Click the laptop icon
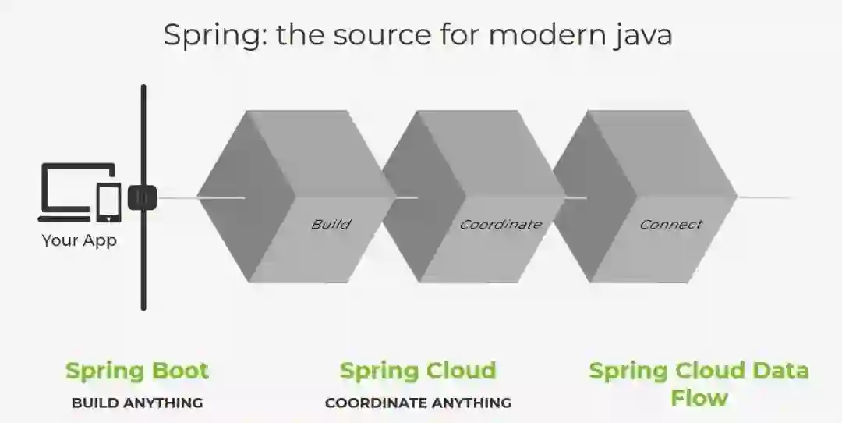pos(69,187)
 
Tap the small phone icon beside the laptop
pos(109,201)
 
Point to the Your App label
pos(79,240)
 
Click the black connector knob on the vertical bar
pos(142,197)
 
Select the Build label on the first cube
pos(331,224)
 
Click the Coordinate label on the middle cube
pos(500,224)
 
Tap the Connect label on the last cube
pos(670,224)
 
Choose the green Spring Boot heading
pos(137,370)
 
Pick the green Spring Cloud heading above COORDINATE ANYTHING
pos(418,370)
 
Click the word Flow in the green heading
pos(699,398)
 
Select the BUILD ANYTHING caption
pos(137,403)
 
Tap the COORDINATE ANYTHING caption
pos(418,403)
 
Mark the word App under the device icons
pos(100,240)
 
